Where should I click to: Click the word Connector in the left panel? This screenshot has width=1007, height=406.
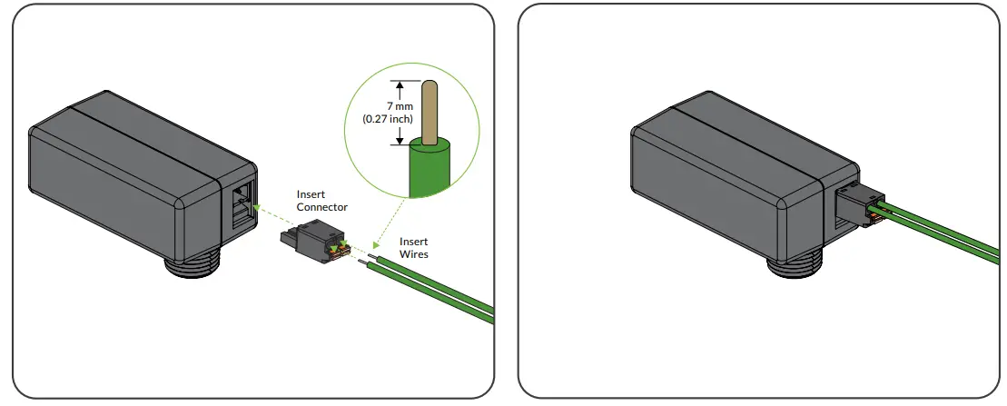(322, 207)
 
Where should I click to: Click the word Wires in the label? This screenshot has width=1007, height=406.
(414, 254)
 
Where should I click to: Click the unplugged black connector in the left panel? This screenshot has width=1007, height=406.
(309, 243)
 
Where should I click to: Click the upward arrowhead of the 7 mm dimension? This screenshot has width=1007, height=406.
(398, 84)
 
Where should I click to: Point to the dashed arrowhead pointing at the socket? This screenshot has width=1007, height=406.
(259, 208)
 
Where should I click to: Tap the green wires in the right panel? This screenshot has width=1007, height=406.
(944, 238)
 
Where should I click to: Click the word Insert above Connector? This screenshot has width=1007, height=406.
(311, 194)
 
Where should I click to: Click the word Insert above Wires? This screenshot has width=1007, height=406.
(414, 242)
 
